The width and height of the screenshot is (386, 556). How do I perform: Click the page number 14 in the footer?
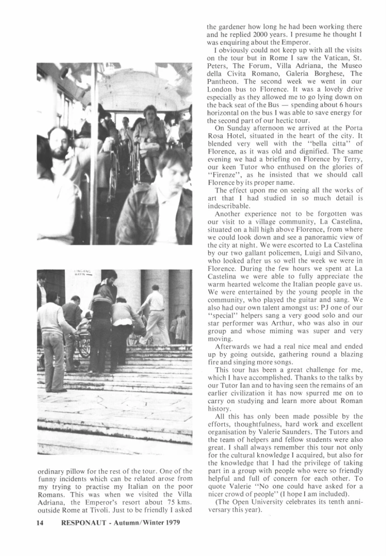40,525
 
